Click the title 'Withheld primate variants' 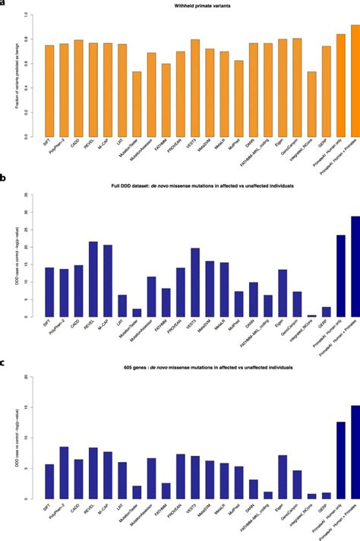(x=199, y=6)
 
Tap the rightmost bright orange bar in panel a (x=355, y=81)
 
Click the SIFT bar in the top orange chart (x=49, y=90)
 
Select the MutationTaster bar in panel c (x=137, y=492)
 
